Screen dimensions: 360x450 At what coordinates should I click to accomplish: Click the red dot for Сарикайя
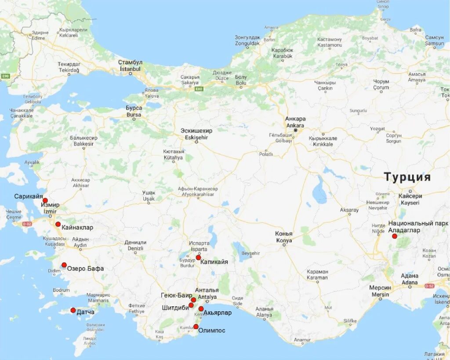[45, 200]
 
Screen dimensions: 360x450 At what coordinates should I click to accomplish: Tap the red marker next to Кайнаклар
[58, 224]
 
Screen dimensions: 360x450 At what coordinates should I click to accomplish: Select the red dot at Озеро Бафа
[64, 265]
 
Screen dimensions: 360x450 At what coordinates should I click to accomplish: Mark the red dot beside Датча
[73, 310]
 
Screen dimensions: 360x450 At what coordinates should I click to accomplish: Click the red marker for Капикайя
[198, 258]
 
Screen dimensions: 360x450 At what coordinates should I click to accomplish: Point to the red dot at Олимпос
[196, 327]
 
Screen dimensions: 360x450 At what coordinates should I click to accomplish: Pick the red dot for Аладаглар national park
[395, 236]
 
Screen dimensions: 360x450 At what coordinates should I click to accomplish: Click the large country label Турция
[407, 177]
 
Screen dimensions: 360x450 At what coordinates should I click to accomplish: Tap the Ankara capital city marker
[296, 131]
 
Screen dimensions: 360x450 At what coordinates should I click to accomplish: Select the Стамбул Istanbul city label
[130, 65]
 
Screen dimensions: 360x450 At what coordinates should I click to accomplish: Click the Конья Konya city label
[283, 237]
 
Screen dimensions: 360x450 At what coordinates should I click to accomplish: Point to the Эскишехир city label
[196, 134]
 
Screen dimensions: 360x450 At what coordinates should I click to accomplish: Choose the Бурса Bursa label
[134, 111]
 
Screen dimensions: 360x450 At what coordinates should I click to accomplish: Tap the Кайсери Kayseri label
[410, 200]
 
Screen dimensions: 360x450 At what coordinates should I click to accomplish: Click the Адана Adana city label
[410, 279]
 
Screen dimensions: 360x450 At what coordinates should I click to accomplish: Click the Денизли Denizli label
[135, 245]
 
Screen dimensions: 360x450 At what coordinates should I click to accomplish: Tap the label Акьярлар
[218, 313]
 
